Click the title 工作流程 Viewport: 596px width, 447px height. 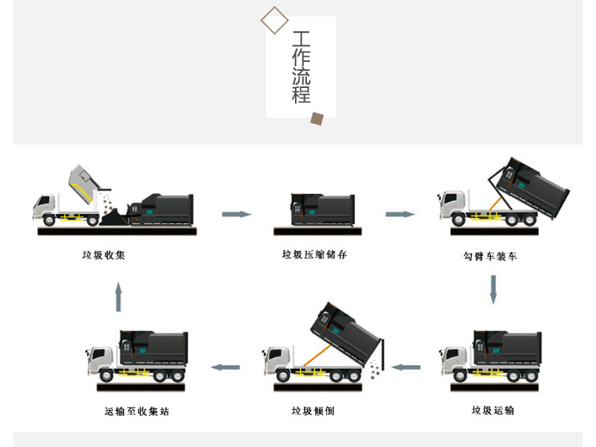301,67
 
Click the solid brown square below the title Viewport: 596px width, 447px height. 317,118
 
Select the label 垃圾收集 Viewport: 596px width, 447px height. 104,255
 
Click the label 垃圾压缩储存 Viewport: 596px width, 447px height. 314,255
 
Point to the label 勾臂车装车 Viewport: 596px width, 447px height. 490,256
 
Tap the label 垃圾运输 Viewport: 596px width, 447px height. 492,410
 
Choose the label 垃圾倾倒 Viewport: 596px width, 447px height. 313,410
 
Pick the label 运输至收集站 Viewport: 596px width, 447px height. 137,411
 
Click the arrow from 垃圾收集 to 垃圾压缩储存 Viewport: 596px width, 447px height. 236,215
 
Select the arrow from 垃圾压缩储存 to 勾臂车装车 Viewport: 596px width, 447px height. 400,215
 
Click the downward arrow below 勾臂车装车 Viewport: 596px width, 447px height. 493,289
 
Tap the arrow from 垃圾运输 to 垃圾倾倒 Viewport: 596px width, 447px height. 406,367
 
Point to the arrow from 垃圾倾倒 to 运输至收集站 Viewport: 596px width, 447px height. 225,367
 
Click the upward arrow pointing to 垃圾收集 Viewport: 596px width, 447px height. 118,297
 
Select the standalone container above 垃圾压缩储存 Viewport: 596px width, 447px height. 323,209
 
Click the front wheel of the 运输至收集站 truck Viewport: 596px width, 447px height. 106,375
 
